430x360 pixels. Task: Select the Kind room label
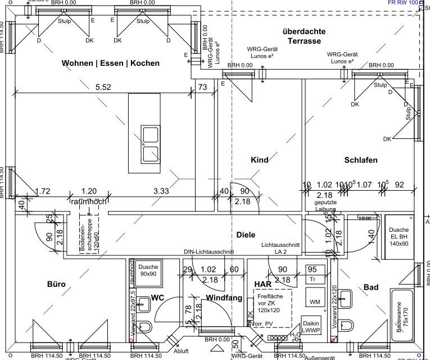(259, 161)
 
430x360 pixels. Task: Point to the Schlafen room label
(360, 161)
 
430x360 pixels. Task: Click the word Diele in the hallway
(246, 235)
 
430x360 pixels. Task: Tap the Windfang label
(223, 297)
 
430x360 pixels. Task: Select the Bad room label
(371, 287)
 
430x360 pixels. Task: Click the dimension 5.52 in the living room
(103, 87)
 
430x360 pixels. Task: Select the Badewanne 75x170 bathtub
(401, 317)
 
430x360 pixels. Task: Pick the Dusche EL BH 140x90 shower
(399, 237)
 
